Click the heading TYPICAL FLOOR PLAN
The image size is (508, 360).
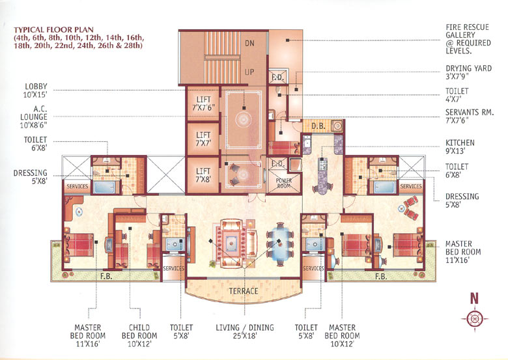coord(50,30)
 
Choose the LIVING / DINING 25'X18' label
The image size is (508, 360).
coord(242,332)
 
